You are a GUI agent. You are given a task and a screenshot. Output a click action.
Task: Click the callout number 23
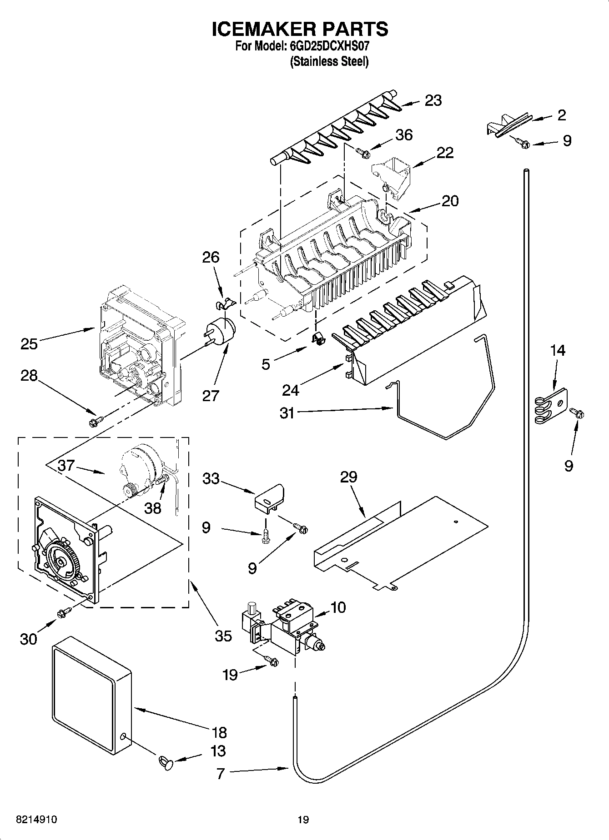(x=433, y=100)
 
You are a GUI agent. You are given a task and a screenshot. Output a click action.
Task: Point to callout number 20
(x=450, y=201)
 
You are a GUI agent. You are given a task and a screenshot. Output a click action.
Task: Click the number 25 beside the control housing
(x=29, y=344)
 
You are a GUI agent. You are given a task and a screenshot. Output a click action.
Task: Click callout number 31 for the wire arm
(x=287, y=413)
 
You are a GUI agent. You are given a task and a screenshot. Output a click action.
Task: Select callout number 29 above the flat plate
(x=349, y=477)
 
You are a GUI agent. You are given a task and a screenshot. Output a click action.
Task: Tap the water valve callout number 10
(x=338, y=607)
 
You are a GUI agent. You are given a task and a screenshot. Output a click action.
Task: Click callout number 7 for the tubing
(x=221, y=774)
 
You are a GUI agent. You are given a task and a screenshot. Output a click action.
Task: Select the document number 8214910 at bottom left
(x=36, y=820)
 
